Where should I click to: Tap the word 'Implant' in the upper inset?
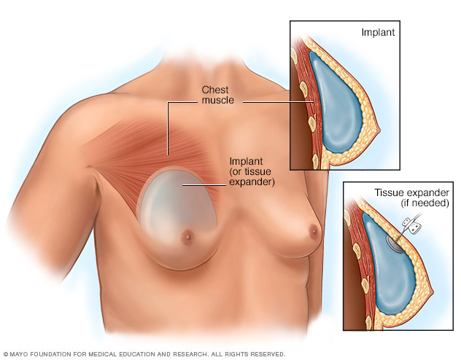point(379,34)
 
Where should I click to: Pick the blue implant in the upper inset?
point(341,106)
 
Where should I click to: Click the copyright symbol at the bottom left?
point(5,354)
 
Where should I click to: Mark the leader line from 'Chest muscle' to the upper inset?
point(277,102)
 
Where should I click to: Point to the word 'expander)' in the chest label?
point(252,182)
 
